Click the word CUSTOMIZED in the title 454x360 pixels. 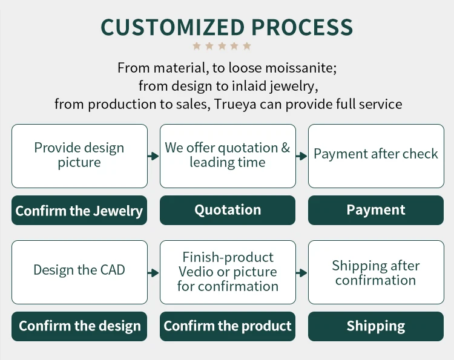173,27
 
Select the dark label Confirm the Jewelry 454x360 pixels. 79,211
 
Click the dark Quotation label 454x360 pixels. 228,210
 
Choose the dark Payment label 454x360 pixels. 376,210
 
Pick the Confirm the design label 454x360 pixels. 79,326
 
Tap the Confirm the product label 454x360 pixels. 228,326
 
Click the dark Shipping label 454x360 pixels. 376,326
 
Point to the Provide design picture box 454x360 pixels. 79,155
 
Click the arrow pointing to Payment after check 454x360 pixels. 301,156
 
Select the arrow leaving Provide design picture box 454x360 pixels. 153,156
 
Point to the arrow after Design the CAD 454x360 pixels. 153,273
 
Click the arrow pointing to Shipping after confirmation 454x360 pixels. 301,273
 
